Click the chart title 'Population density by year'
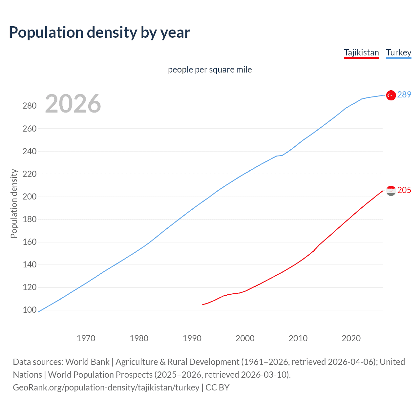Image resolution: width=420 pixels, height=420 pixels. pos(99,32)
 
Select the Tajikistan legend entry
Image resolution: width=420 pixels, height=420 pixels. pos(361,52)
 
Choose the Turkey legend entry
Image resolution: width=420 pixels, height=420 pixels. pos(398,52)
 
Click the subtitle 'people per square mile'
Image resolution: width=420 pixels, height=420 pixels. pos(210,70)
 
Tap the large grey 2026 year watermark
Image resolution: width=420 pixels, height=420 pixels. pos(73,104)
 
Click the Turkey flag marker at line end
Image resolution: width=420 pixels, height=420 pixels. pos(390,95)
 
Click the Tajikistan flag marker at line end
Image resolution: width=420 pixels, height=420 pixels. pos(390,191)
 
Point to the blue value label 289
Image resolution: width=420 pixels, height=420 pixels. pos(404,95)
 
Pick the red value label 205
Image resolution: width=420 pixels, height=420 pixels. pos(404,190)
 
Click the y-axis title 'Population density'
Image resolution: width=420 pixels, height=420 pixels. pos(14,203)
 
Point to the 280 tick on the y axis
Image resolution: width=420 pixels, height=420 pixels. pos(29,106)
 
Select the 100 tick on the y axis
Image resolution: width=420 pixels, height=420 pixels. pos(29,310)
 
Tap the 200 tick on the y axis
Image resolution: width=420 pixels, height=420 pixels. pos(29,197)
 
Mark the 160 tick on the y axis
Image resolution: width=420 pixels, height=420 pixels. pos(29,242)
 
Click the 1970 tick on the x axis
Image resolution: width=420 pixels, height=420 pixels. pos(86,338)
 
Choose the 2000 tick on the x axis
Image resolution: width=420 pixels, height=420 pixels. pos(245,338)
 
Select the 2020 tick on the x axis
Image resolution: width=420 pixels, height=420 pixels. pos(351,338)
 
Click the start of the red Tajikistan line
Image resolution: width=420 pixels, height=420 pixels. pos(203,304)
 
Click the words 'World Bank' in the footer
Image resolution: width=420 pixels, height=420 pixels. pos(87,362)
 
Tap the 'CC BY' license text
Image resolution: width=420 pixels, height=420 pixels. pos(218,388)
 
